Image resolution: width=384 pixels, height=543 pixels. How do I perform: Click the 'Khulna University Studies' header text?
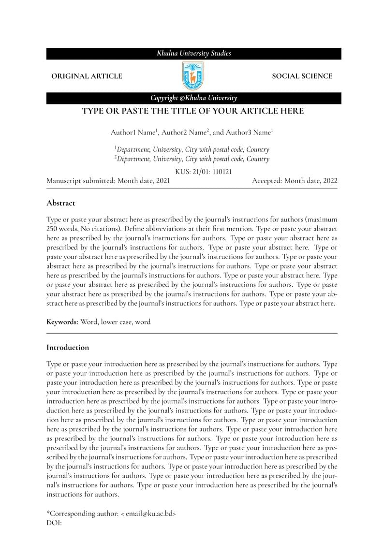pos(193,53)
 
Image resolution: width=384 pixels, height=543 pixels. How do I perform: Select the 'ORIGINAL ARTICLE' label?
pos(87,76)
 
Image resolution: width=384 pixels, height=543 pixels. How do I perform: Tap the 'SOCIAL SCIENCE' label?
pos(302,76)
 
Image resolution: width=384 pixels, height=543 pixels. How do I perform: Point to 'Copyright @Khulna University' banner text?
pos(193,98)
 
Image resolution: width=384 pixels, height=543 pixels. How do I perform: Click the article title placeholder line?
pos(192,111)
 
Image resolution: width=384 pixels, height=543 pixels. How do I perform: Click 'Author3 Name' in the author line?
pos(250,132)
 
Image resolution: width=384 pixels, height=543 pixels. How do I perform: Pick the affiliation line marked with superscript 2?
pos(192,159)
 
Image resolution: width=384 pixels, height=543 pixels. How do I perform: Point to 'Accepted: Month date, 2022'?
pos(295,181)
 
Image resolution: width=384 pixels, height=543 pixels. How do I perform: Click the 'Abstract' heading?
pos(60,203)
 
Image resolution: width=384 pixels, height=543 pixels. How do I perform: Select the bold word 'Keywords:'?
pos(62,322)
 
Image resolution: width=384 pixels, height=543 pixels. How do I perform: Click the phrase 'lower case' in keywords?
pos(116,322)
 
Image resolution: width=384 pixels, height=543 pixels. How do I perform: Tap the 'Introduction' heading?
pos(68,347)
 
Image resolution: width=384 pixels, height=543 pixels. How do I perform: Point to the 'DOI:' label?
pos(54,523)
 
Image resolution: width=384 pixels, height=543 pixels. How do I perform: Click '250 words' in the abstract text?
pos(61,228)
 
